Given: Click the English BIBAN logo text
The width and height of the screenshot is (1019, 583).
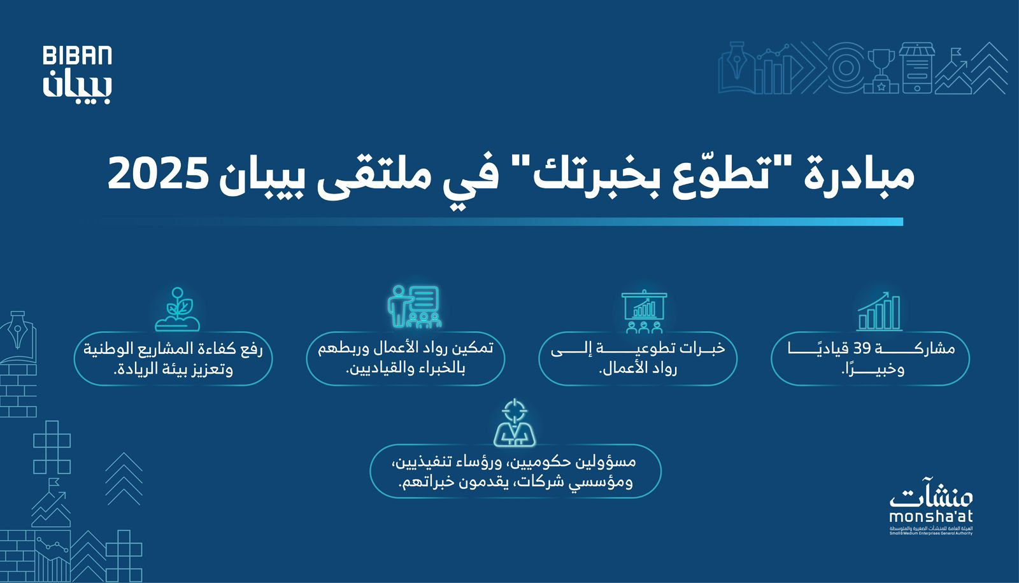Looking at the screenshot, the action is click(x=77, y=55).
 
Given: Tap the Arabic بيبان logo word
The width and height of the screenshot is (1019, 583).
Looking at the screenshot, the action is click(x=77, y=86).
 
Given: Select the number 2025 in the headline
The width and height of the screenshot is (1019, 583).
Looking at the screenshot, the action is click(x=159, y=175).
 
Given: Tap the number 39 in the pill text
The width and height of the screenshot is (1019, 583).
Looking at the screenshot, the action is click(x=862, y=349).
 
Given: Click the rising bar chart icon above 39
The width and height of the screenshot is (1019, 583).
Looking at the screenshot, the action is click(x=879, y=311).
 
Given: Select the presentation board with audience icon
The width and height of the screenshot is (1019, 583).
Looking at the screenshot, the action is click(x=644, y=311).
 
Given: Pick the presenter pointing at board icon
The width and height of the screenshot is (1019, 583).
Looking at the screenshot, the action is click(x=414, y=307).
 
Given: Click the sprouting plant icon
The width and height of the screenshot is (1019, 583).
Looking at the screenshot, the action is click(x=178, y=309).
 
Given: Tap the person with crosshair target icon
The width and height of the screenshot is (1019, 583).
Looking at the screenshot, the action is click(x=515, y=423).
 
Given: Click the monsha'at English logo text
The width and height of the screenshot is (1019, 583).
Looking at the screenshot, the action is click(x=930, y=517).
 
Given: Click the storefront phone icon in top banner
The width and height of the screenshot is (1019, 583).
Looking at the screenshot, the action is click(x=917, y=68).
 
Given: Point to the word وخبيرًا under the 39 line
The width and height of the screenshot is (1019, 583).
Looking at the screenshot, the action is click(x=873, y=369).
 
